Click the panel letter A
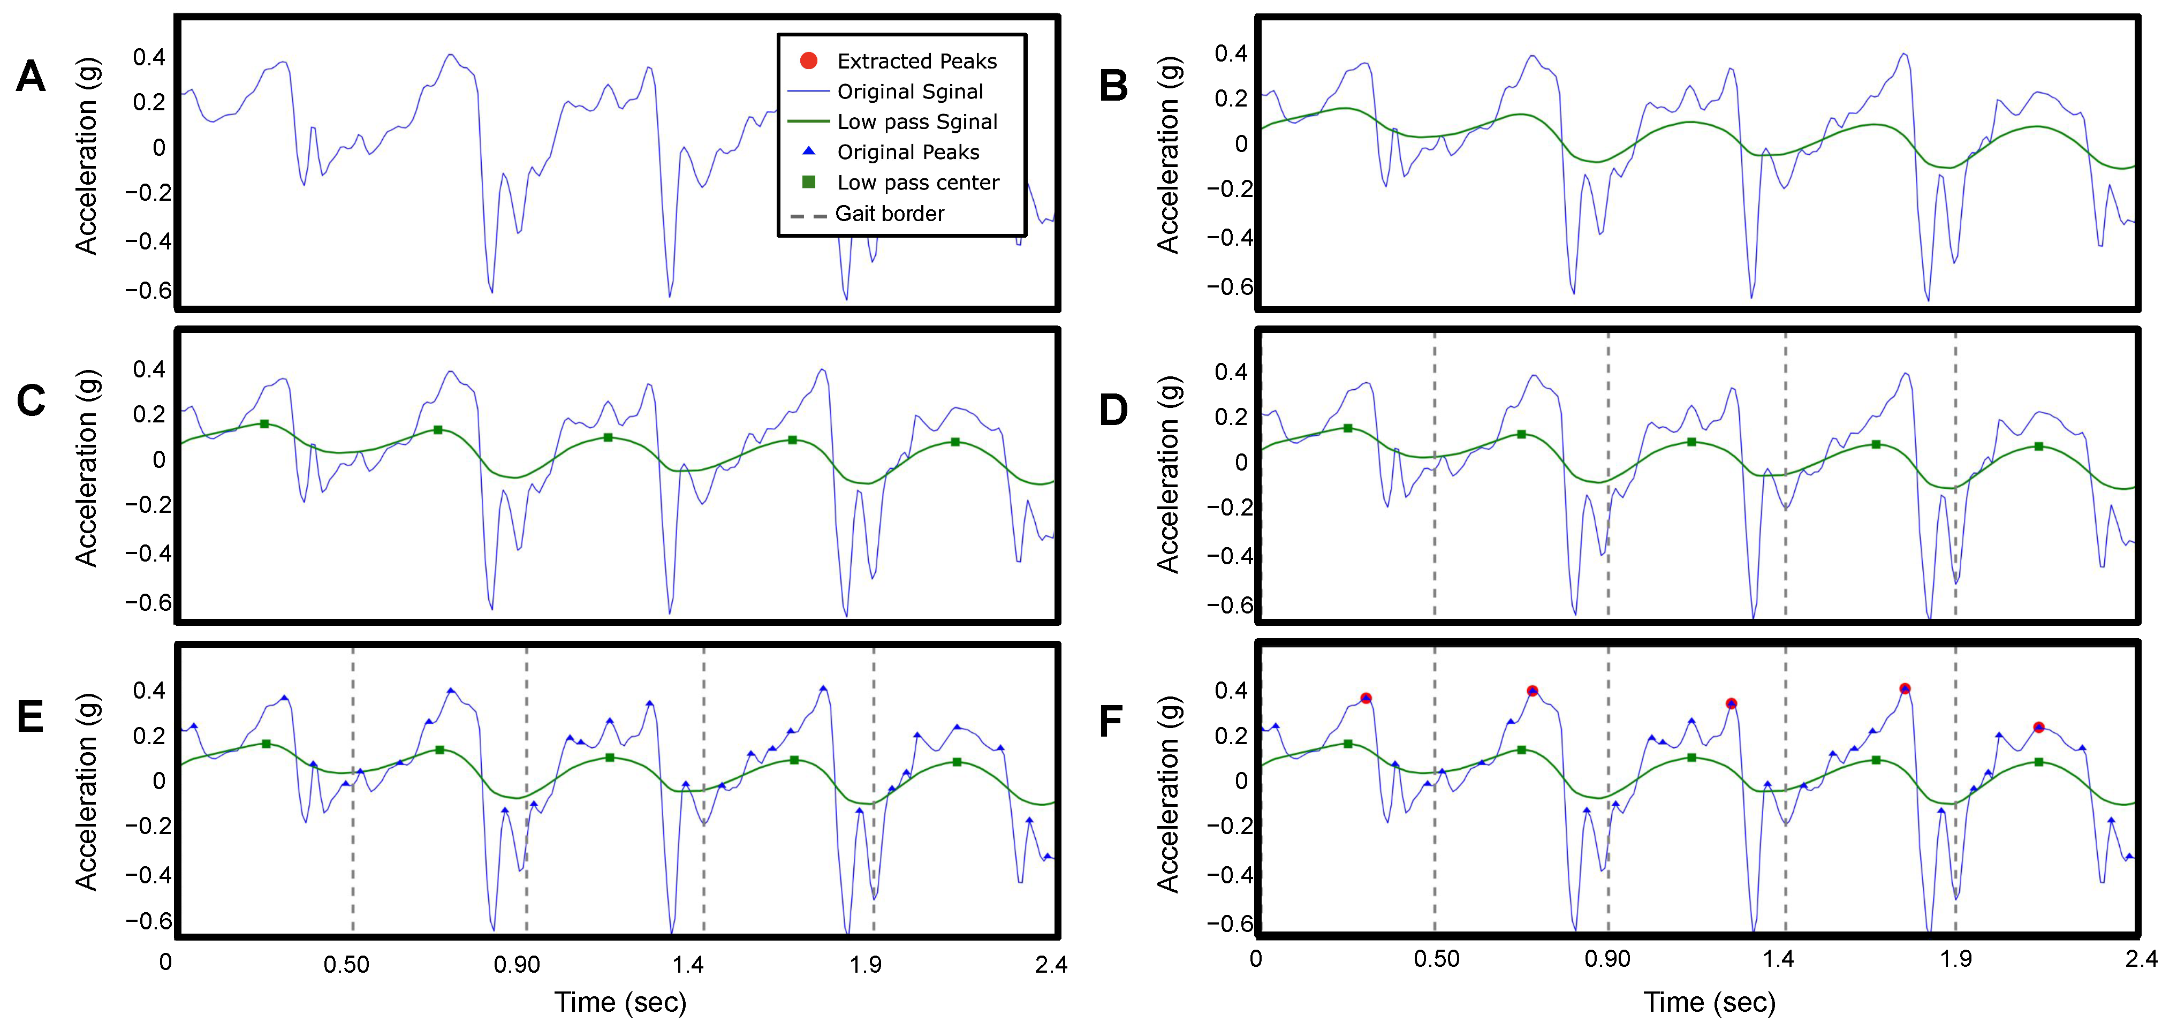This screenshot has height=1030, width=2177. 31,77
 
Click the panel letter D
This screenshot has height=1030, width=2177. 1113,411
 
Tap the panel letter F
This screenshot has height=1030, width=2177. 1111,722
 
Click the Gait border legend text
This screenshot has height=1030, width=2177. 889,214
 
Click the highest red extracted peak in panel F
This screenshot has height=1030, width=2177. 1904,688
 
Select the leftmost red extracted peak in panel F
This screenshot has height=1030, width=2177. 1366,699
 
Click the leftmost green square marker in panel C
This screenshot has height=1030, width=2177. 264,424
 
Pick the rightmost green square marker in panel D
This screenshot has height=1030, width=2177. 2038,446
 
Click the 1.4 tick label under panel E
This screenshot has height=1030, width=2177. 688,965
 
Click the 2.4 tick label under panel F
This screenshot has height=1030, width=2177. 2141,959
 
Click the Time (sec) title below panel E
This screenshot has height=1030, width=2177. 620,1002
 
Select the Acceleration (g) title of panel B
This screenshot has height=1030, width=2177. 1168,155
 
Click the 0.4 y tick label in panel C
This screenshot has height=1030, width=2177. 149,369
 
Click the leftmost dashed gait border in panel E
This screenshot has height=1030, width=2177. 352,790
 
